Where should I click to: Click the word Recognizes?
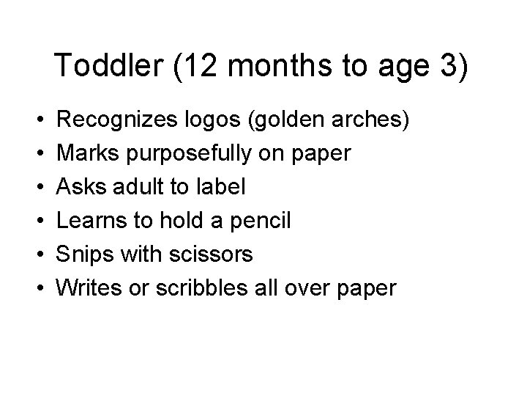[111, 119]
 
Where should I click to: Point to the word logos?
[204, 119]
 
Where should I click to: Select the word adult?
[135, 187]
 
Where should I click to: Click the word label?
[220, 187]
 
